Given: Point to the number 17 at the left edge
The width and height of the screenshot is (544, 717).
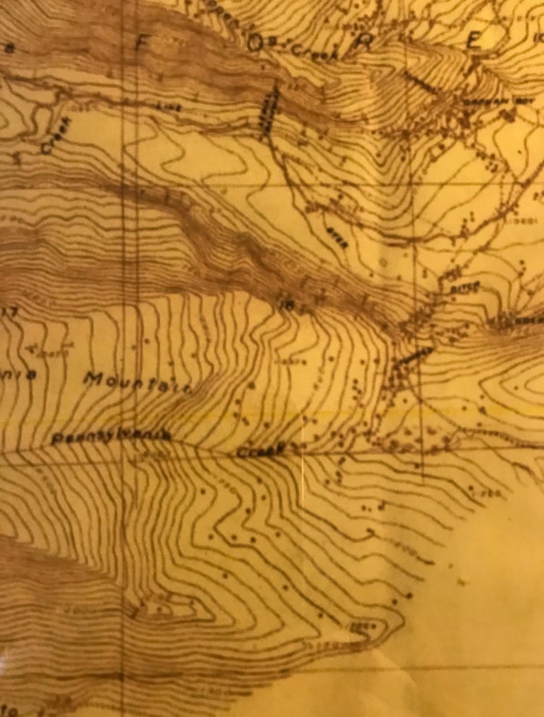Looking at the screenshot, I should tap(10, 311).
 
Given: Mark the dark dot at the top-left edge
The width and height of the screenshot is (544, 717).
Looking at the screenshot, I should tap(11, 48).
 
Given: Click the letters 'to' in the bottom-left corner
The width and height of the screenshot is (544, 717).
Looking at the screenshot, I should tap(8, 708).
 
